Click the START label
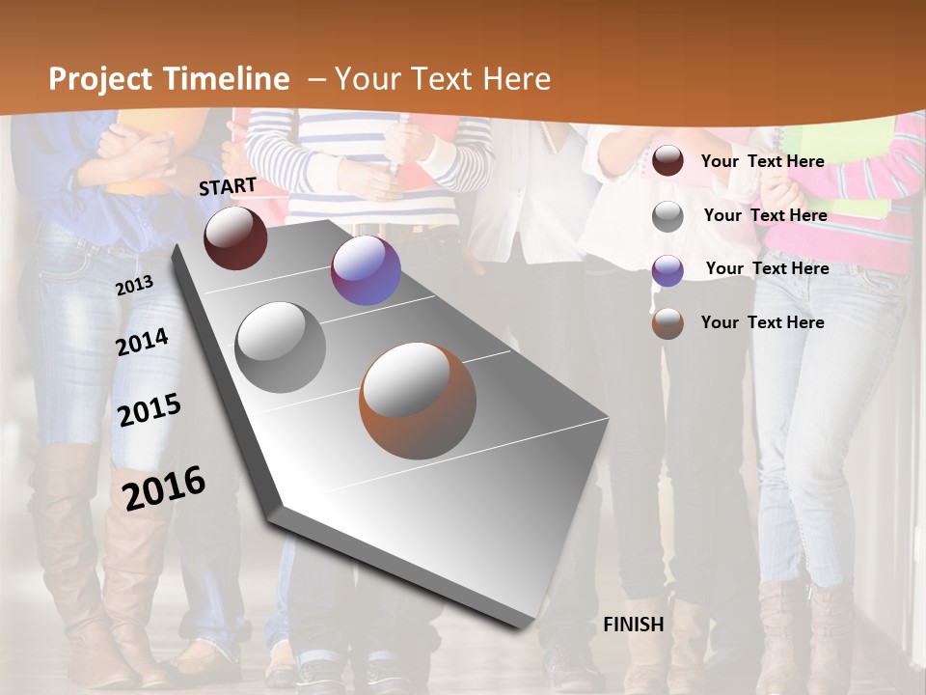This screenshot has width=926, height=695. click(x=228, y=186)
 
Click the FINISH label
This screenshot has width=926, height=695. click(x=634, y=625)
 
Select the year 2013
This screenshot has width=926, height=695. click(x=134, y=286)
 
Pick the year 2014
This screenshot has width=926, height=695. click(x=143, y=342)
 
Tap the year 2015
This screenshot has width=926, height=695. click(x=150, y=410)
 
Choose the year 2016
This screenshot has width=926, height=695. click(x=164, y=488)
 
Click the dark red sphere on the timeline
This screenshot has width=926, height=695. click(x=235, y=237)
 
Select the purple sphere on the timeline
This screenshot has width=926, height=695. click(x=366, y=270)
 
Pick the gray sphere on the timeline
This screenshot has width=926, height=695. click(x=281, y=347)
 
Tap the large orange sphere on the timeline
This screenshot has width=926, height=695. click(x=418, y=401)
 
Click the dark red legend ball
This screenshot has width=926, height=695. click(x=667, y=161)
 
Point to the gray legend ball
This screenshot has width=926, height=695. click(x=667, y=216)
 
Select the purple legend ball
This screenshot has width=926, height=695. click(x=667, y=270)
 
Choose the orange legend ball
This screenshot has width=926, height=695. click(x=667, y=323)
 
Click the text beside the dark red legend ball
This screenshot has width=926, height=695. click(x=762, y=161)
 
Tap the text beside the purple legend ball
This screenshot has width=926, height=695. click(x=767, y=268)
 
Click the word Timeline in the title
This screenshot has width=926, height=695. click(x=229, y=79)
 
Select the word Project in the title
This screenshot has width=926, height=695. click(x=99, y=79)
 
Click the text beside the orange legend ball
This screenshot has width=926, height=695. click(x=762, y=322)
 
